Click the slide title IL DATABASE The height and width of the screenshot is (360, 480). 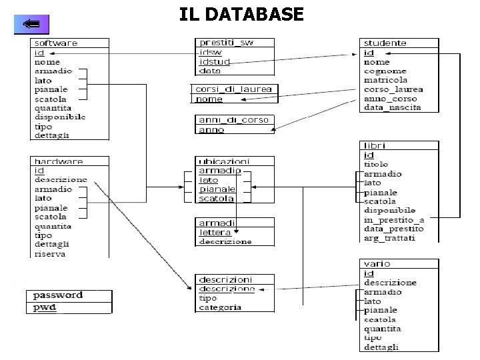coord(241,13)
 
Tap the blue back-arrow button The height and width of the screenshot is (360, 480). coord(31,25)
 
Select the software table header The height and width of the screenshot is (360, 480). coord(56,43)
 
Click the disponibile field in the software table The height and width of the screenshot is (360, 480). coord(60,117)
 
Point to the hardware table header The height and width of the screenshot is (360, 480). coord(59,161)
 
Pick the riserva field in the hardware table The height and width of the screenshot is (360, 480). coord(49,254)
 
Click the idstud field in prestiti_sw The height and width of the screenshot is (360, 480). coord(214,61)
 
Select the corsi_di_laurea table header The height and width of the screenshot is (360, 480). coord(233,89)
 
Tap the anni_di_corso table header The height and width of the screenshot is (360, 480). coord(233,120)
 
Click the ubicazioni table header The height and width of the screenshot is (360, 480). coord(224,161)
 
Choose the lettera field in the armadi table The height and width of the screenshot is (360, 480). coord(215,232)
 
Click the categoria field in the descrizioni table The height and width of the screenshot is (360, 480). coord(220,307)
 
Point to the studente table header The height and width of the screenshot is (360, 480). coord(385,43)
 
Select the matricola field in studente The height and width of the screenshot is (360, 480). coord(385,80)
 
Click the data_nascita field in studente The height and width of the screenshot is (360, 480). coord(392,107)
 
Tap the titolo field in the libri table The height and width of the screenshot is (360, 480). coord(376,164)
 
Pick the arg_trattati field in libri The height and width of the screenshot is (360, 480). coord(389,238)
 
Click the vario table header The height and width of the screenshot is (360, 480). coord(377,264)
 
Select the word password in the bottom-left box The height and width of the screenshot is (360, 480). coord(58,295)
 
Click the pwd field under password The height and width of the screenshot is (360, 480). coord(45,307)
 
